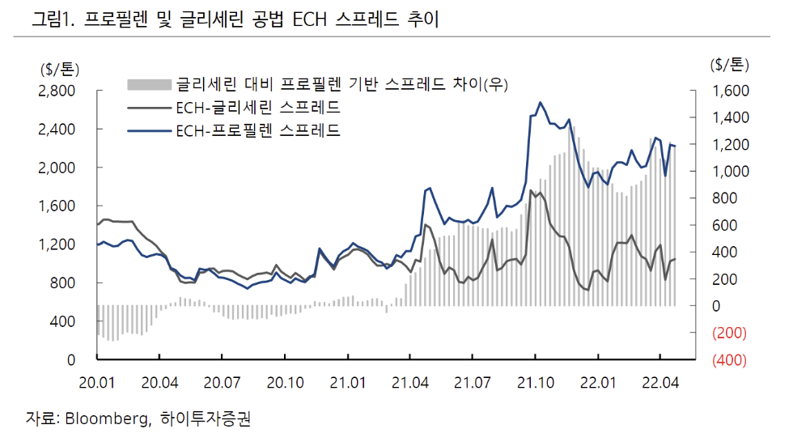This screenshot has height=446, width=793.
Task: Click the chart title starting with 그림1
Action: [235, 20]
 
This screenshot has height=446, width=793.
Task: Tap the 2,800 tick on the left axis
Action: [70, 91]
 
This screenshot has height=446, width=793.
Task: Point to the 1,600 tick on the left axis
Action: [70, 206]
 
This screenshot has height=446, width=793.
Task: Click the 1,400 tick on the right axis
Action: [730, 118]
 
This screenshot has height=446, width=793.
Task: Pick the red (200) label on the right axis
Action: [730, 333]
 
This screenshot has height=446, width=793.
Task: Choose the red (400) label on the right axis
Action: [730, 360]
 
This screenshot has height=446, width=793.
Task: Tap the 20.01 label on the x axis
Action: [97, 381]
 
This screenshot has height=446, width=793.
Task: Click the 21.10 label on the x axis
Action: [534, 381]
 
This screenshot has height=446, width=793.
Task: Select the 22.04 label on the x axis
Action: [659, 381]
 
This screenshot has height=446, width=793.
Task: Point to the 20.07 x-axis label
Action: [222, 381]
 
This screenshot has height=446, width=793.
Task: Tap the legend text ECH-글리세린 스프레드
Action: [257, 108]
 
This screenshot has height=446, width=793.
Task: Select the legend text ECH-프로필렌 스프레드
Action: [257, 130]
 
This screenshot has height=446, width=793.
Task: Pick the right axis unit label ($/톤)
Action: [730, 64]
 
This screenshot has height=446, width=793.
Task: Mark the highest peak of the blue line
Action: [540, 103]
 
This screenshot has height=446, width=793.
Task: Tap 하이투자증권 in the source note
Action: [212, 418]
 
